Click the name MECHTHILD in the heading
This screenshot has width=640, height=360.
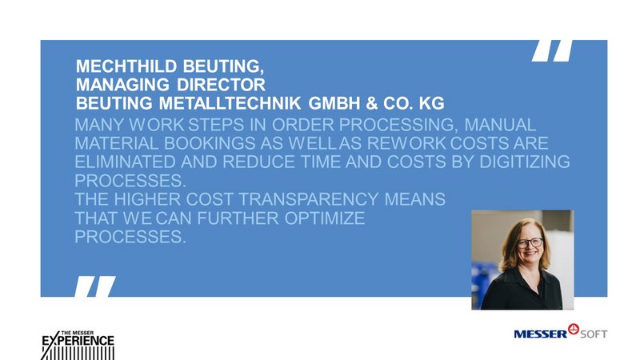click(x=126, y=66)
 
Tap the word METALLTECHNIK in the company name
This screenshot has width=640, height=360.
click(x=230, y=103)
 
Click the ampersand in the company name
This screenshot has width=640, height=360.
click(x=371, y=103)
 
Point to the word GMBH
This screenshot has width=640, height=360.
click(x=334, y=103)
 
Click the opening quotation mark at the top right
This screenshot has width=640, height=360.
click(x=552, y=50)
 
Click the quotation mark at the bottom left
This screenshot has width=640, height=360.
click(x=95, y=286)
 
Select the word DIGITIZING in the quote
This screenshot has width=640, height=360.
click(x=525, y=162)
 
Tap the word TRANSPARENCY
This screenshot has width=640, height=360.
click(x=309, y=199)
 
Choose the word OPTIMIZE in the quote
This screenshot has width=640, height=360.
click(x=325, y=218)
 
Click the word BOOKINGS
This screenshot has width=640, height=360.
click(x=210, y=143)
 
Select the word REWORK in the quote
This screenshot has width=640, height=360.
click(x=406, y=143)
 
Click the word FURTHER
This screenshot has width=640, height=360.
click(x=238, y=218)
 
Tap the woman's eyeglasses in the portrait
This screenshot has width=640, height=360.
click(x=530, y=243)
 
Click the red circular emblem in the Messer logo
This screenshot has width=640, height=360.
click(x=574, y=329)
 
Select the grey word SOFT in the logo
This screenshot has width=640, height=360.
click(x=594, y=334)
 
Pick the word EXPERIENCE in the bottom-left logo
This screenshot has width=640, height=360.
click(x=78, y=341)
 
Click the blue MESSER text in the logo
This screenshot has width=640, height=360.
click(x=541, y=334)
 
